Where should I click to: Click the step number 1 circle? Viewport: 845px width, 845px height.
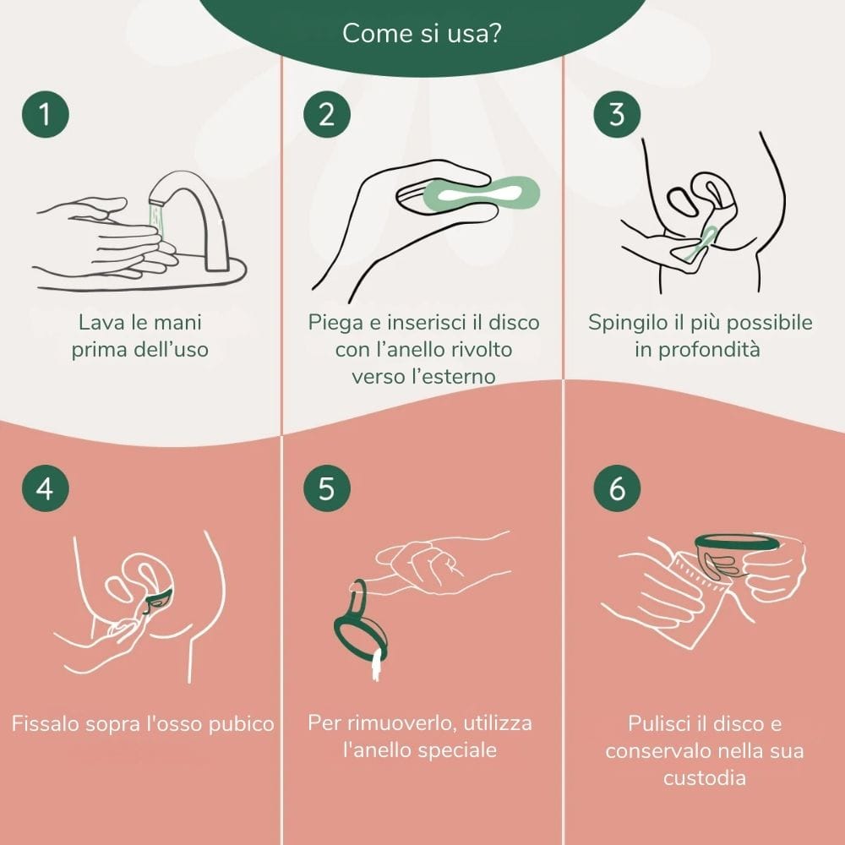pos(46,114)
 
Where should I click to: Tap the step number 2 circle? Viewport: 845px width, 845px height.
pos(326,114)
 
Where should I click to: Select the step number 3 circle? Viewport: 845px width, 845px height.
pos(617,114)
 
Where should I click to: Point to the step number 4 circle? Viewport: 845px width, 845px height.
pos(46,488)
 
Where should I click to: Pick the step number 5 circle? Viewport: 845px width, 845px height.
pos(326,488)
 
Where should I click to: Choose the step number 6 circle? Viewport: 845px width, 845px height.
pos(617,488)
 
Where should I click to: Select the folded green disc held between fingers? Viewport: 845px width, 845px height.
pos(482,194)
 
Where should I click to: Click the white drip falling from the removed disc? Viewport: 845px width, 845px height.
pos(377,665)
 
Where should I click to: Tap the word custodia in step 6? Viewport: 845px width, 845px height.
pos(705,777)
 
